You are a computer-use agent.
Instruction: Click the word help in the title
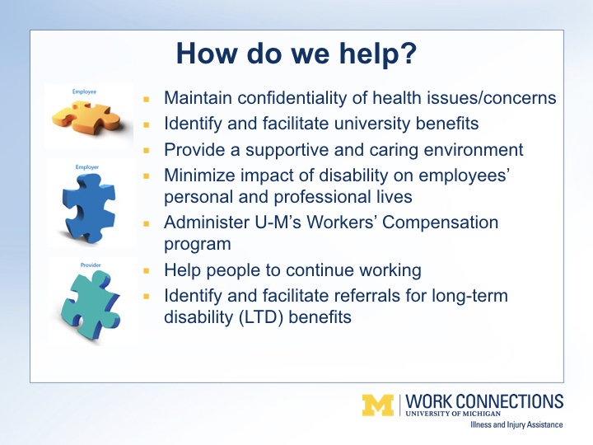point(378,54)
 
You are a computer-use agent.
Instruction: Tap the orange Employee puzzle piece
point(86,117)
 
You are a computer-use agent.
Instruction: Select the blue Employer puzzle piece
point(89,208)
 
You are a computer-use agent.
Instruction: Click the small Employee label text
point(84,91)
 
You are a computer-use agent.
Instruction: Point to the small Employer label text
point(87,166)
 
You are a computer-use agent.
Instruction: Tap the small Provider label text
point(91,265)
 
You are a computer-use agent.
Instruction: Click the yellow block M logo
point(378,405)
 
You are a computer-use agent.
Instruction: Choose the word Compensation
point(440,222)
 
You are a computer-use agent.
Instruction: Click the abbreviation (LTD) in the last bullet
point(261,317)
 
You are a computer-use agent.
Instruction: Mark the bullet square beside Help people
point(147,271)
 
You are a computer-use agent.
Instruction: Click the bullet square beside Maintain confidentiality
point(147,100)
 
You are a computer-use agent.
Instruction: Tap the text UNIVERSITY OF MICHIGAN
point(453,414)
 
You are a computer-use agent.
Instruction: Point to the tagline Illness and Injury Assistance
point(516,424)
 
